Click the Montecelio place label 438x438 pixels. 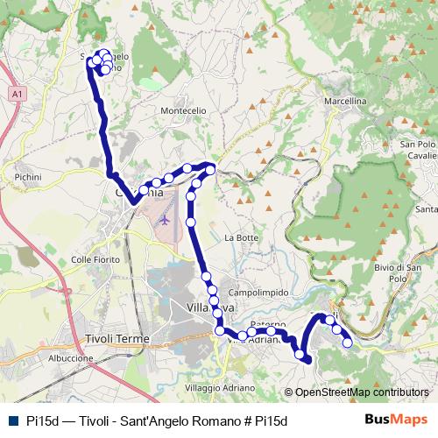click(182, 111)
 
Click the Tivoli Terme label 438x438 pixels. click(117, 339)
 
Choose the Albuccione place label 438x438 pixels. click(71, 358)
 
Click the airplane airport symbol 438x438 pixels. click(163, 219)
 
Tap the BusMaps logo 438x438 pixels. click(395, 420)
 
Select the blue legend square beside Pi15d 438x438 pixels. click(11, 420)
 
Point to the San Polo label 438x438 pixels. click(418, 144)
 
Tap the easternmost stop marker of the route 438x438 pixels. click(347, 343)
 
